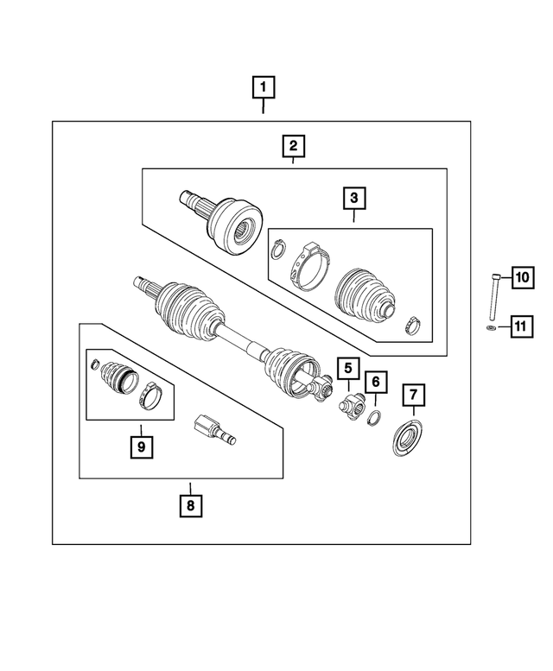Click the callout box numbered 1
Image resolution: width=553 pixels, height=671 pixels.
click(264, 87)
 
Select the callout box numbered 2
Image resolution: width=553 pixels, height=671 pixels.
click(294, 146)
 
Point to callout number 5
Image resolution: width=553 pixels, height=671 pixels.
click(348, 370)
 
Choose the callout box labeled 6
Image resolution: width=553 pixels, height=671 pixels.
click(376, 382)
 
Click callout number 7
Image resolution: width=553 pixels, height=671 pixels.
click(414, 396)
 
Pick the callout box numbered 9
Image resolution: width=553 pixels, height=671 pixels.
click(138, 446)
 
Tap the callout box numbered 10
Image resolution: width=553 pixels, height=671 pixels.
click(522, 277)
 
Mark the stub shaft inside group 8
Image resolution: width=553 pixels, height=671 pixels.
click(210, 429)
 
